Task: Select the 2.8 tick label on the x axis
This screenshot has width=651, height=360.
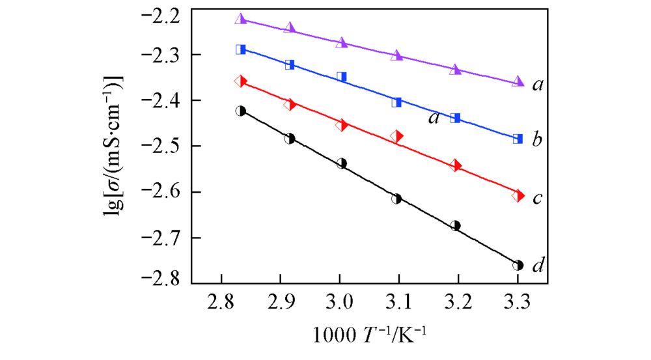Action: click(222, 303)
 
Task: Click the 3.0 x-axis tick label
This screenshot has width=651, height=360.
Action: click(339, 303)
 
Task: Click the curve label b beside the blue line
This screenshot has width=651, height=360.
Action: click(537, 139)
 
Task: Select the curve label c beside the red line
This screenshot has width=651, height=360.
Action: click(537, 197)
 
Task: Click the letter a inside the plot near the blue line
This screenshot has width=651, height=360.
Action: click(433, 118)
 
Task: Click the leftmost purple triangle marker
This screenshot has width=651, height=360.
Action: click(241, 19)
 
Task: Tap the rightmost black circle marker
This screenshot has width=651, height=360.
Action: click(518, 265)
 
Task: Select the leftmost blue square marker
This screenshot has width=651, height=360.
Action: click(241, 49)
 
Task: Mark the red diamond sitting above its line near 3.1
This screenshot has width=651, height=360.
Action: click(396, 137)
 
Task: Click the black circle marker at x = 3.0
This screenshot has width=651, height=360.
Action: click(342, 163)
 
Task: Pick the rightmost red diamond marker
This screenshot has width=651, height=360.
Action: click(518, 195)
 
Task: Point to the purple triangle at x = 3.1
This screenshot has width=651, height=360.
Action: click(396, 55)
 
